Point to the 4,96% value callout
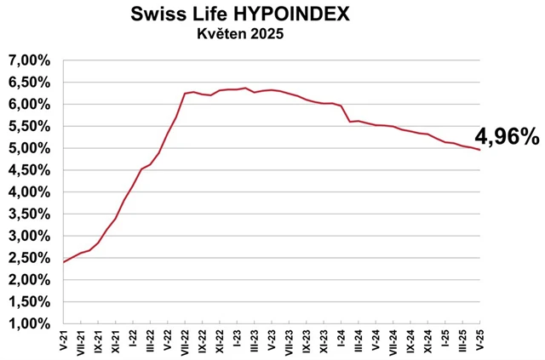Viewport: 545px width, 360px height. tap(507, 136)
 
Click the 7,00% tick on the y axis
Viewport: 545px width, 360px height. tap(30, 61)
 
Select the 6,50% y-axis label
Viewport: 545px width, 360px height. tap(30, 83)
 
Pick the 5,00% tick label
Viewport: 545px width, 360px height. tap(30, 148)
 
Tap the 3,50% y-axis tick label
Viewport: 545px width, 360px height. tap(30, 214)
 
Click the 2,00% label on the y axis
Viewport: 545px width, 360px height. tap(30, 279)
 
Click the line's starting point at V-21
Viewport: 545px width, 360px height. tap(64, 261)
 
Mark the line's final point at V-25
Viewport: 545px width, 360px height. tap(480, 150)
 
